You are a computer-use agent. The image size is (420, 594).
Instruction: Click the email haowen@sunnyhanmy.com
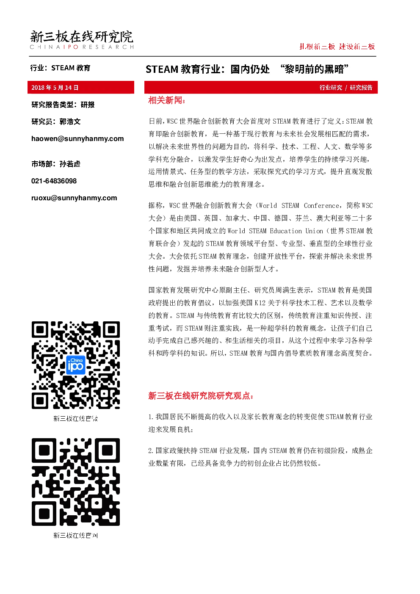tap(77, 139)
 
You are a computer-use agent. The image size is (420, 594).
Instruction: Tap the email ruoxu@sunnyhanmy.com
tap(74, 198)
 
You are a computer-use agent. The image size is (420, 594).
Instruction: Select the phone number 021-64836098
tap(54, 181)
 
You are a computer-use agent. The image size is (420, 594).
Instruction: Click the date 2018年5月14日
tap(55, 88)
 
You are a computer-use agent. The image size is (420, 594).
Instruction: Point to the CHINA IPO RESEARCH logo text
tap(82, 47)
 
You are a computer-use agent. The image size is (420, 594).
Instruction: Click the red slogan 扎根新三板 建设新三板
tap(337, 47)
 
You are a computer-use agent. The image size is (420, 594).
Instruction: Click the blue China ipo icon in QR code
tap(75, 365)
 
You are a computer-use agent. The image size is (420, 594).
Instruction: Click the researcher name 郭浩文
tap(70, 122)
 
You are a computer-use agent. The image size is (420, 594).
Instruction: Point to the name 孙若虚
tap(70, 164)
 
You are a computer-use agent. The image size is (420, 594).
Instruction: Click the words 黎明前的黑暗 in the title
tap(314, 69)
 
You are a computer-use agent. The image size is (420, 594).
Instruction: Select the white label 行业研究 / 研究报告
tap(346, 88)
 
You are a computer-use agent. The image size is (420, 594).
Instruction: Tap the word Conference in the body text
tap(321, 205)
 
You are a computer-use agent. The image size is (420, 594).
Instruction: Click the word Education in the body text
tap(286, 231)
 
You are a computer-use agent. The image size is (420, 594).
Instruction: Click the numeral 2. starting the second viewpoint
tap(151, 450)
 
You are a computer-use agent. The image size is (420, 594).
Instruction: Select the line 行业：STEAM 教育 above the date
tap(60, 68)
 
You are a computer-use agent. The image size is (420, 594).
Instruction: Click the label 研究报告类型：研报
tap(63, 105)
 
